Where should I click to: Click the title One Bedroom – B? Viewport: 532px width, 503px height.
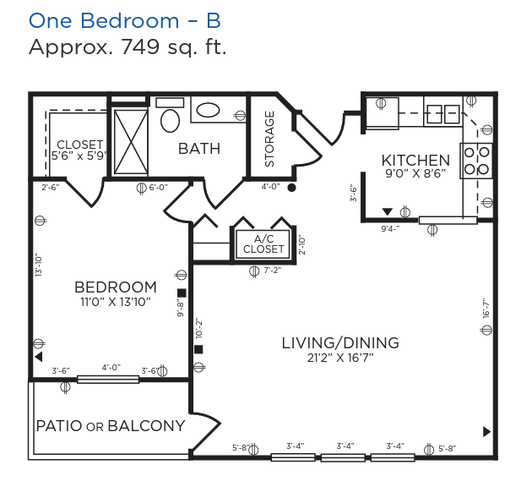[x=124, y=20]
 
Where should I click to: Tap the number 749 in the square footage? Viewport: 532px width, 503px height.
[x=140, y=46]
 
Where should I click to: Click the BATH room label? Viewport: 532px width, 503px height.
[x=199, y=149]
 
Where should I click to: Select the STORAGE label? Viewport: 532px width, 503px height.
[x=269, y=139]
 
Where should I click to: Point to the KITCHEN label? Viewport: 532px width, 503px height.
[x=415, y=161]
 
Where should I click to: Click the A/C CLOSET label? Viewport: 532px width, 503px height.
[x=263, y=243]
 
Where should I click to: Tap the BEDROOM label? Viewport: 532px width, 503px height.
[x=116, y=287]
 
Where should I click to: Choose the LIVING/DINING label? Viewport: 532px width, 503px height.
[x=340, y=343]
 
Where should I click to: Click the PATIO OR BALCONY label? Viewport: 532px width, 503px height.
[x=111, y=426]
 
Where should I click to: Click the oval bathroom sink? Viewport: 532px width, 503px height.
[x=208, y=111]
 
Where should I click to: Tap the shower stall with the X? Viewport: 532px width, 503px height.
[x=131, y=142]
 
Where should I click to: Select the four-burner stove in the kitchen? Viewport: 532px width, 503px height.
[x=476, y=161]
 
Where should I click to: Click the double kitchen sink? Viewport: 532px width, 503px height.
[x=443, y=114]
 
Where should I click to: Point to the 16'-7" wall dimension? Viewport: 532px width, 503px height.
[x=486, y=308]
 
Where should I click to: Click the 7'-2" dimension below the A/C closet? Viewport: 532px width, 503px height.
[x=273, y=271]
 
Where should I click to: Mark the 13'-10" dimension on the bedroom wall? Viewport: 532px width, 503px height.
[x=39, y=265]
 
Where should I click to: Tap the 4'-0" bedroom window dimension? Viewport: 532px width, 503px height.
[x=111, y=368]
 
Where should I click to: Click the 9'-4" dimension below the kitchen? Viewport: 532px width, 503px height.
[x=390, y=228]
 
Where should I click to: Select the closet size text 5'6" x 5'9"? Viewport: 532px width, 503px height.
[x=79, y=156]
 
